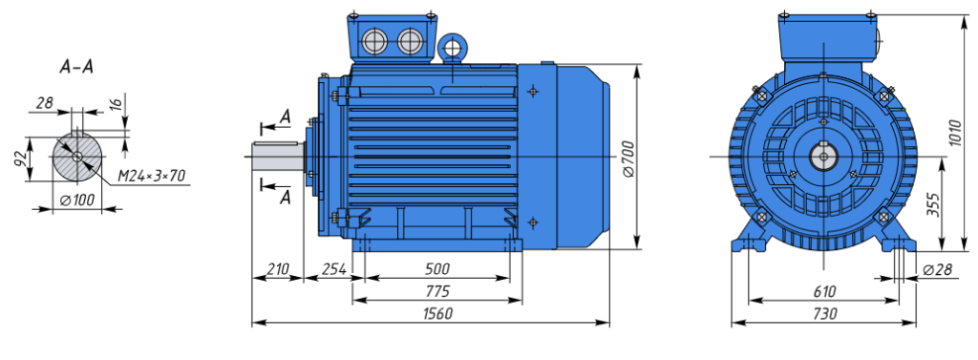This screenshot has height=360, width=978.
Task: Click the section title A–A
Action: click(76, 68)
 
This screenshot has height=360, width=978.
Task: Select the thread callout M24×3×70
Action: click(152, 177)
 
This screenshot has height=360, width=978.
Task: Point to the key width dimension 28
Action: click(44, 103)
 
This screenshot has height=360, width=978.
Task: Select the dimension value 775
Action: click(436, 291)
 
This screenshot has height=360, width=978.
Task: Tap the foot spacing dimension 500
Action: click(436, 269)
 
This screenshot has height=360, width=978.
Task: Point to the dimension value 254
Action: click(333, 269)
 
